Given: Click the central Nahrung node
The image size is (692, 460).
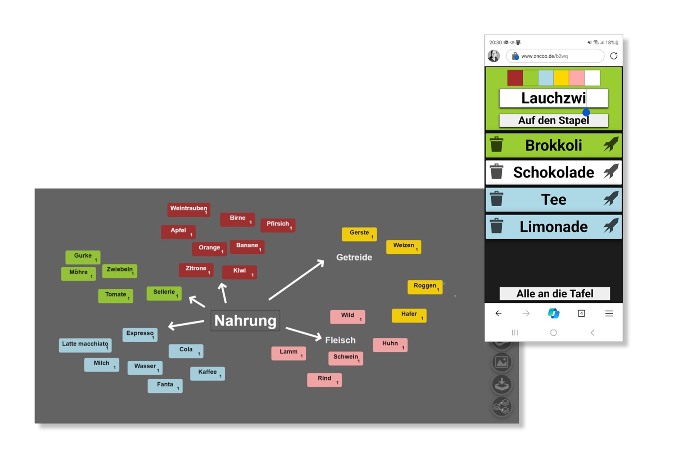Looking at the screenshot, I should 245,320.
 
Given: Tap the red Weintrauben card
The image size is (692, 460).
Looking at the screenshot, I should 188,209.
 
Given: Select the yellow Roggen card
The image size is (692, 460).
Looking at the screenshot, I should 425,287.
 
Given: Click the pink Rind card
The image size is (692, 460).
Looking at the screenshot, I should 324,379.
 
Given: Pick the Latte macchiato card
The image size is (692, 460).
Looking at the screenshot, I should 85,345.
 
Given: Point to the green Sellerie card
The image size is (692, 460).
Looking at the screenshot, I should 164,293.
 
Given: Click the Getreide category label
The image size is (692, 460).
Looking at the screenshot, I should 354,257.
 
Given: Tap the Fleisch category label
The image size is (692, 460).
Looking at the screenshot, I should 340,340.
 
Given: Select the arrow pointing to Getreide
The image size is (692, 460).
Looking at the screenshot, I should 296,280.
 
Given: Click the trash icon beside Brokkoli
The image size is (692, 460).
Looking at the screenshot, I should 496,145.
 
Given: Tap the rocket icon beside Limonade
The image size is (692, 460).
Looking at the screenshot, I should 611,226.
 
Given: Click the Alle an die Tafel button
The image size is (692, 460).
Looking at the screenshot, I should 554,294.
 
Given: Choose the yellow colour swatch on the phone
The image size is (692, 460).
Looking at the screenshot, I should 561,78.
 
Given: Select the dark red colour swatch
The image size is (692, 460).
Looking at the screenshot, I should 515,78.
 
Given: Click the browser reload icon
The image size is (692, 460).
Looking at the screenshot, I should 613,56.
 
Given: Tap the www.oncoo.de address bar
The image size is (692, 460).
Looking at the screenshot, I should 555,56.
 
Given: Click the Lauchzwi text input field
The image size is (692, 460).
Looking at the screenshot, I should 553,98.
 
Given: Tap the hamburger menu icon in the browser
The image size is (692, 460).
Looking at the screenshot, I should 609,314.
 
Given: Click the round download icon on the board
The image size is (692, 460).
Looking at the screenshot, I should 502,384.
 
